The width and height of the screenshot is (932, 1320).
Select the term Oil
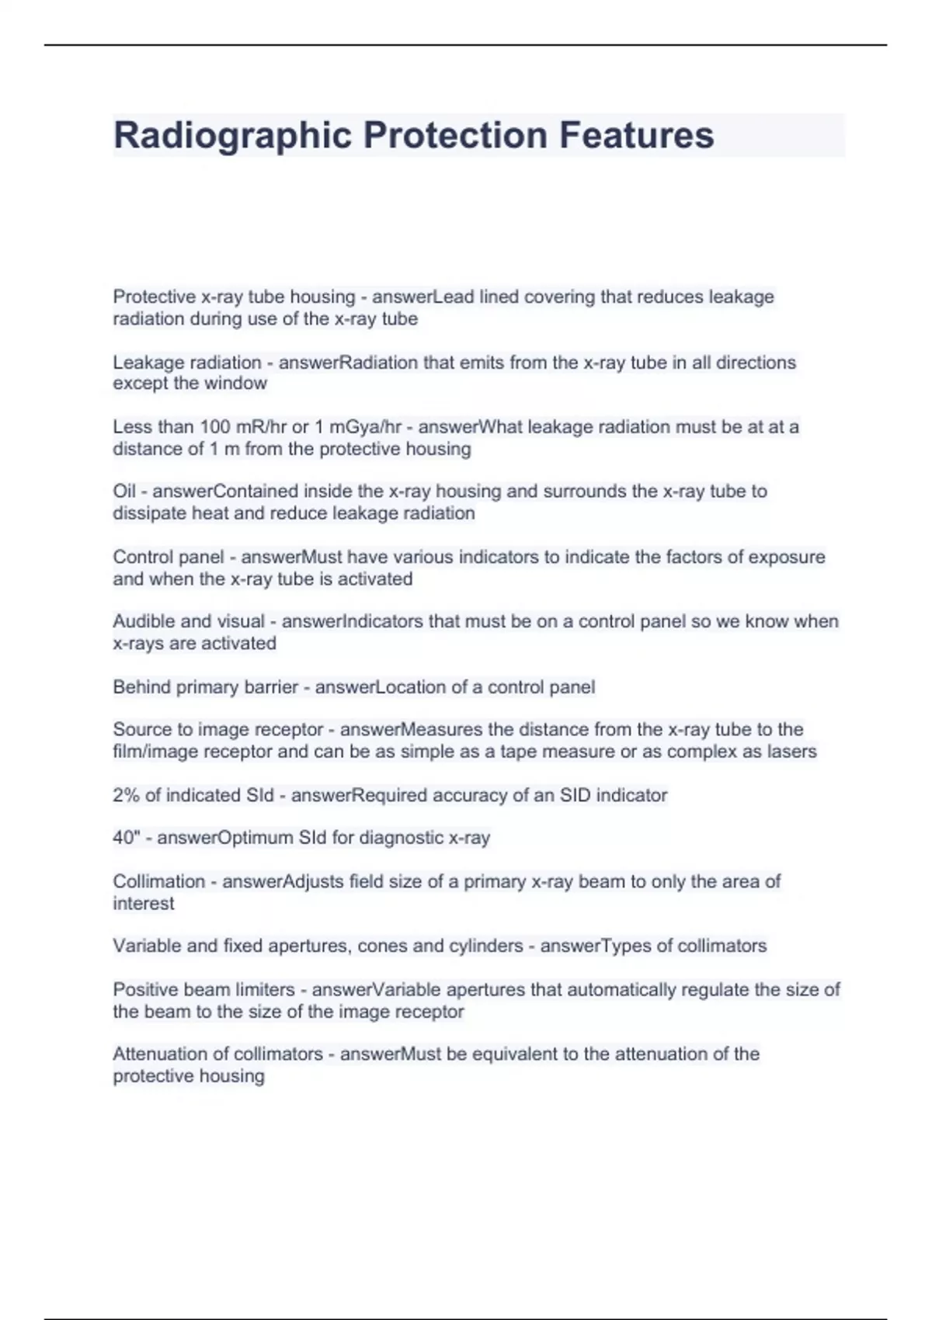(x=124, y=492)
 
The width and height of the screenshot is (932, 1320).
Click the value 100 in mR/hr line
(x=215, y=427)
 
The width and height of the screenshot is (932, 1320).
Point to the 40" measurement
(x=126, y=838)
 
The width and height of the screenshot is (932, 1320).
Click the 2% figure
(x=126, y=795)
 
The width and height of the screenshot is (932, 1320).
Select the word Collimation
(x=158, y=881)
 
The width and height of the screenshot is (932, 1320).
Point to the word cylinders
(x=485, y=946)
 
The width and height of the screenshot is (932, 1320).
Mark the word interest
(x=144, y=903)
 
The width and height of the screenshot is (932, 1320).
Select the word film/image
(x=155, y=752)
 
